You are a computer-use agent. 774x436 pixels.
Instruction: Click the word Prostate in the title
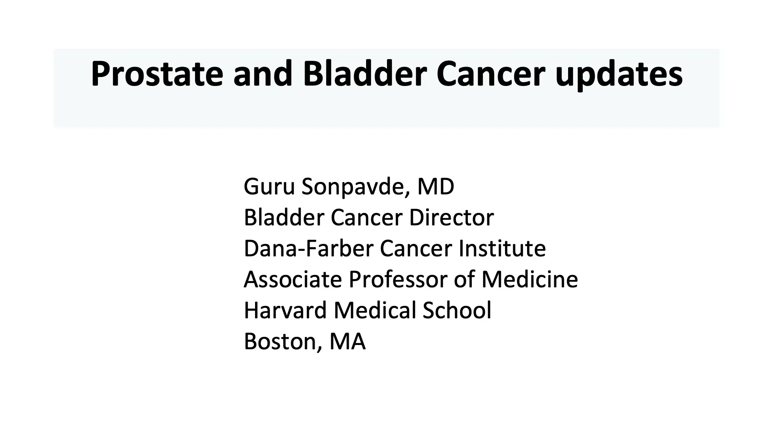pos(157,74)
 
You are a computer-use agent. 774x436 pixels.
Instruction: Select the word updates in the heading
pos(619,74)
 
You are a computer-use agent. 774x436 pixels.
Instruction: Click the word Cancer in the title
pos(491,74)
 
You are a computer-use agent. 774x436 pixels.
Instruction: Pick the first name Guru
pos(269,187)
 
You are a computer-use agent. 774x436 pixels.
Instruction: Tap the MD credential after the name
pos(435,187)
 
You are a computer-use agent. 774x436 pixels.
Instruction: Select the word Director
pos(451,217)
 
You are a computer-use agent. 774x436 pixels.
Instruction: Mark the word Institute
pos(502,248)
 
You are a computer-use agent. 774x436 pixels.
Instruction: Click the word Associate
pos(293,279)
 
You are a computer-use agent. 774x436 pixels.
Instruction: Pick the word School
pos(457,310)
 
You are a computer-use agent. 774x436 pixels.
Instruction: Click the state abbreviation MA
pos(347,341)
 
